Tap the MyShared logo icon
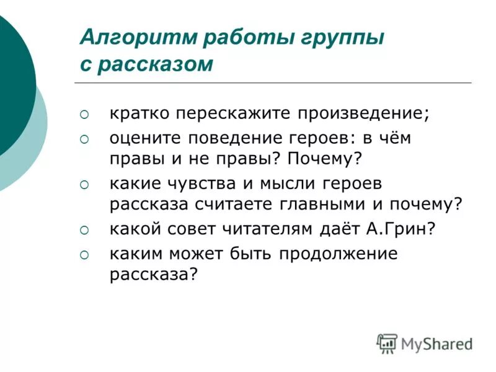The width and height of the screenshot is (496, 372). (x=387, y=343)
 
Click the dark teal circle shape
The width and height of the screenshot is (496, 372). (x=12, y=87)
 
